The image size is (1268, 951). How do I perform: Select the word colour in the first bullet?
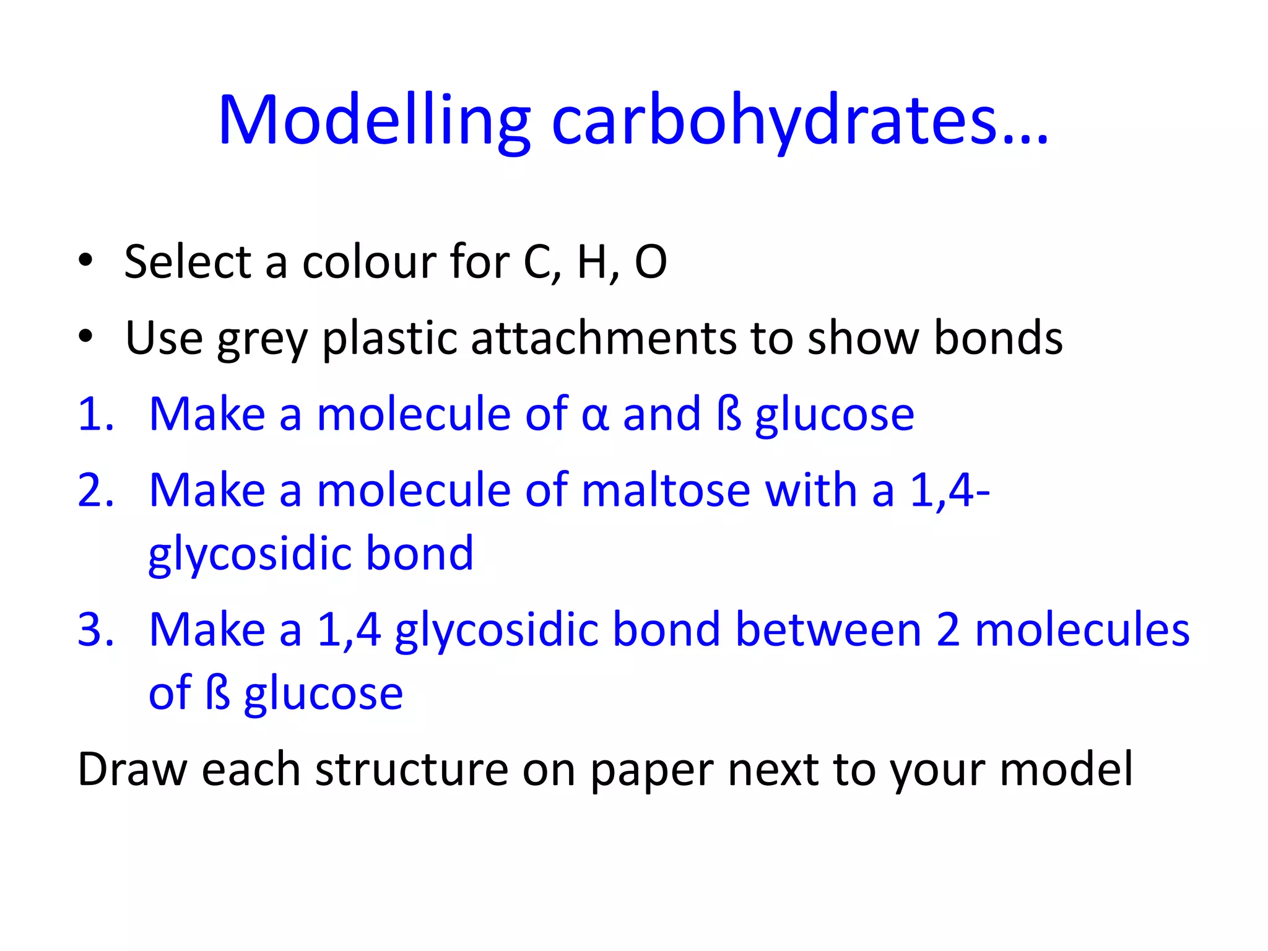coord(369,262)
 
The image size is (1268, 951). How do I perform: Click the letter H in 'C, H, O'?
coord(591,262)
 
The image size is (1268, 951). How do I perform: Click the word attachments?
coord(603,339)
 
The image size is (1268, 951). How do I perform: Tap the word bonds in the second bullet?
coord(997,339)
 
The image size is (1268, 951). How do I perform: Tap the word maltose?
coord(666,490)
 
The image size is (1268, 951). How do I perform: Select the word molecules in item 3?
coord(1082,630)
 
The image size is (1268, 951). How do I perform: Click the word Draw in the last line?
coord(132,770)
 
